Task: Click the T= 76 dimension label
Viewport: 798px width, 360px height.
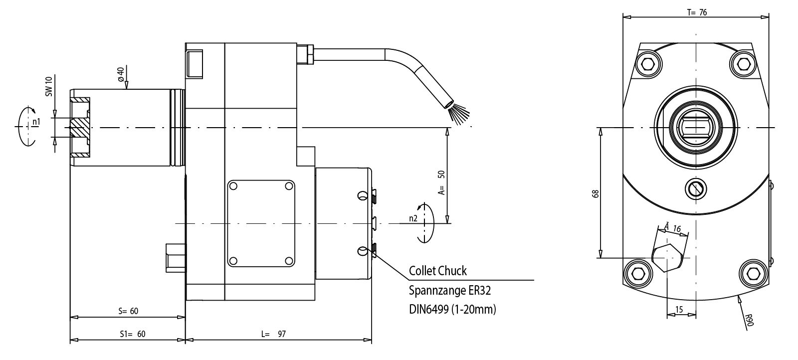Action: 697,12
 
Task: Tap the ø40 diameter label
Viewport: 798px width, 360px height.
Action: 121,73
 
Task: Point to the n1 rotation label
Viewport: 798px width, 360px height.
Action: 35,122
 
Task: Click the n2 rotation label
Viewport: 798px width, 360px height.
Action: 413,218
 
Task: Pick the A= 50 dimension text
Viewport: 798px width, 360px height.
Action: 441,182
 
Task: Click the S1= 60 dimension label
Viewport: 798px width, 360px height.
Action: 133,334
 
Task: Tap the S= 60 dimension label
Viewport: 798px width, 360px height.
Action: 128,311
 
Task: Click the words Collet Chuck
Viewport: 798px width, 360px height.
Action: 437,271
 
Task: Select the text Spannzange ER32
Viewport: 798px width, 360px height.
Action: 453,290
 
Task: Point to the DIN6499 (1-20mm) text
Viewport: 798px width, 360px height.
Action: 452,309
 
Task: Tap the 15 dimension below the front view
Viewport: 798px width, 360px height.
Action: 679,310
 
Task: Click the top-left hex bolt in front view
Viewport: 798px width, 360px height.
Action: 648,63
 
